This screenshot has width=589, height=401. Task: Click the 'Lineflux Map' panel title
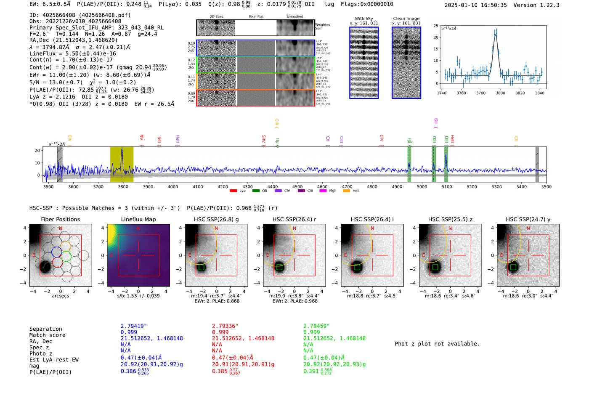pos(138,219)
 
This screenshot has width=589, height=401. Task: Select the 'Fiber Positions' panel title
pos(60,219)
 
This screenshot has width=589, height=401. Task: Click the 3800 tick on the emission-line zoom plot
pos(500,93)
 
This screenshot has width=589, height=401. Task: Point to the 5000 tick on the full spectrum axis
pos(422,186)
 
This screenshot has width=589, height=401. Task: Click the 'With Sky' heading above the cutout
pos(364,19)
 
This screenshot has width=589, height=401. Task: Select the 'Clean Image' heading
pos(406,19)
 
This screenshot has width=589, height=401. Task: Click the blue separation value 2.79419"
pos(134,326)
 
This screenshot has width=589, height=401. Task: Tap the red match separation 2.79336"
pos(225,326)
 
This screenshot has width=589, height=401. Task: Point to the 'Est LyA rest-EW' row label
pos(54,360)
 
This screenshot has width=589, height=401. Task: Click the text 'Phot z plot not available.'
pos(437,344)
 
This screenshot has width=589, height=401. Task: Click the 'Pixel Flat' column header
pos(256,17)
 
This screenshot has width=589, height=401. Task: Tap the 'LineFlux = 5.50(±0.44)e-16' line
pos(73,53)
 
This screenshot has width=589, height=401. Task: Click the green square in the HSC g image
pos(201,267)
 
